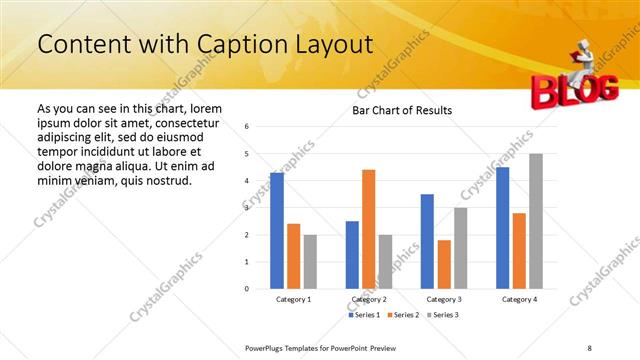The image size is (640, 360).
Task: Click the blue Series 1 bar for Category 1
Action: (x=277, y=231)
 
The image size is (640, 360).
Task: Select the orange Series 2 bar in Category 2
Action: (x=369, y=229)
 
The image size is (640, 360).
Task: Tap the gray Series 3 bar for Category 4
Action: (x=536, y=221)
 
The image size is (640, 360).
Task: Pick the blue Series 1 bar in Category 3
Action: (x=427, y=241)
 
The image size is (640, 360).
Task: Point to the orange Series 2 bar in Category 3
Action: (x=444, y=264)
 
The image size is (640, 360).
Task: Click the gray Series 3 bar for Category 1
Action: (x=311, y=262)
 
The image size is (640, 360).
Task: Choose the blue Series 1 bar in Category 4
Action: (x=502, y=228)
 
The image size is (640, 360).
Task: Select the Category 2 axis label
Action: (x=369, y=299)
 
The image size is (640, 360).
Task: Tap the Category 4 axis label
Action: (x=519, y=299)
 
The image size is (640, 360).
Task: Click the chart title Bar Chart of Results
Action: (x=403, y=110)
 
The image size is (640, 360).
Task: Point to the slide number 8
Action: (x=589, y=347)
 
